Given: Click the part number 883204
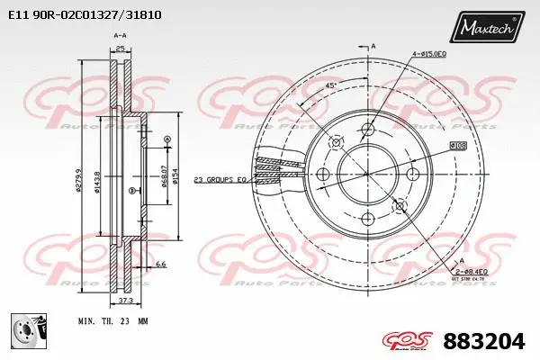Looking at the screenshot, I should click(x=486, y=340).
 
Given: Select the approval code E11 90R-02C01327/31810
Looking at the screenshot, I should click(x=79, y=15).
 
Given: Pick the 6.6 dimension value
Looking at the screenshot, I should click(x=161, y=264).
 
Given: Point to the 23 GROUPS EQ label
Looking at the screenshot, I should click(x=220, y=180).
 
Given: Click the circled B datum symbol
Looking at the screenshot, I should click(x=132, y=191).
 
